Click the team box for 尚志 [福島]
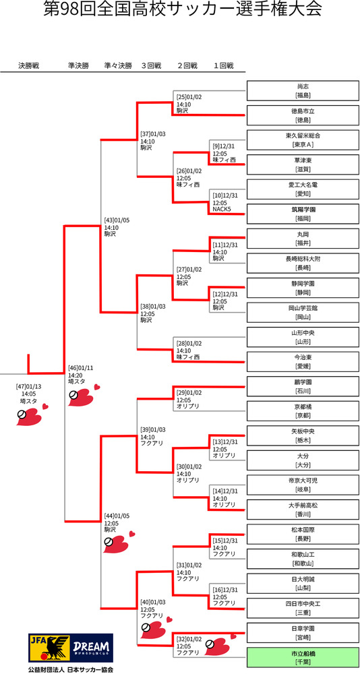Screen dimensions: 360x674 303,90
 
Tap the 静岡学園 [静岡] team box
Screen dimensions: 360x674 303,288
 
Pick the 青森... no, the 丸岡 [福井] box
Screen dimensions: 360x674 303,239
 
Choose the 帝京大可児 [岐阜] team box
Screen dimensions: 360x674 303,485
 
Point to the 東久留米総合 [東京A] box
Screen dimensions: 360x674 303,140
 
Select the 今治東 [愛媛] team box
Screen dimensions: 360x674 303,361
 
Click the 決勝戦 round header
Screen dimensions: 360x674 28,66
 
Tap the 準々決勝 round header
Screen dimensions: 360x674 118,66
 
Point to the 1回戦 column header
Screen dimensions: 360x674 223,66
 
